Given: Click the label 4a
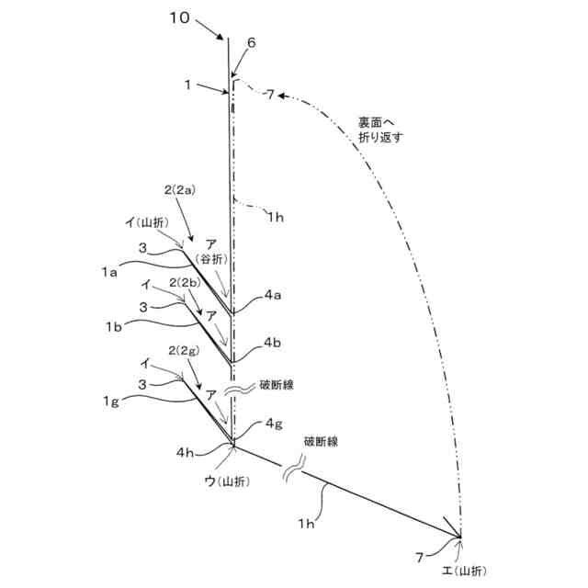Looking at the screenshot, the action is [x=273, y=295].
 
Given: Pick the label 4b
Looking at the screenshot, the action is [x=272, y=342].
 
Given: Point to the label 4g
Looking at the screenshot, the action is [x=274, y=424].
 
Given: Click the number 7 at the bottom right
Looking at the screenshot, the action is [x=419, y=557].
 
